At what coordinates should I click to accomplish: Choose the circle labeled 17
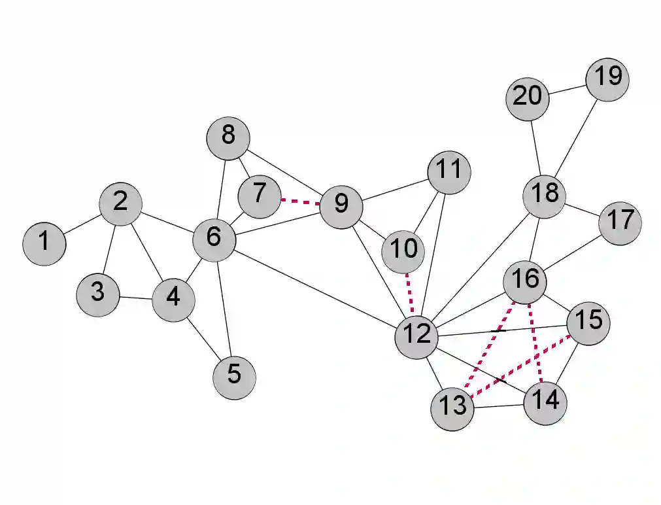(620, 222)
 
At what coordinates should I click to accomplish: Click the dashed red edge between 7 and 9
(300, 201)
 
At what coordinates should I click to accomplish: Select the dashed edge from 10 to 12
(409, 292)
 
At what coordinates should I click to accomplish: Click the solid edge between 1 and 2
(82, 224)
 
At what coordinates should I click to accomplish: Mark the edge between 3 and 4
(135, 298)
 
